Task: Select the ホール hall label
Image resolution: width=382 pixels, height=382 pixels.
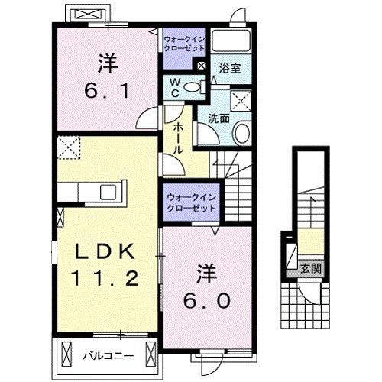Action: pyautogui.click(x=176, y=139)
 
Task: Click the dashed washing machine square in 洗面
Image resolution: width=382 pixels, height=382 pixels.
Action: pyautogui.click(x=242, y=97)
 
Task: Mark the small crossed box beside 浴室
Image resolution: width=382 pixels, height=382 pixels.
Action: pyautogui.click(x=200, y=66)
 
